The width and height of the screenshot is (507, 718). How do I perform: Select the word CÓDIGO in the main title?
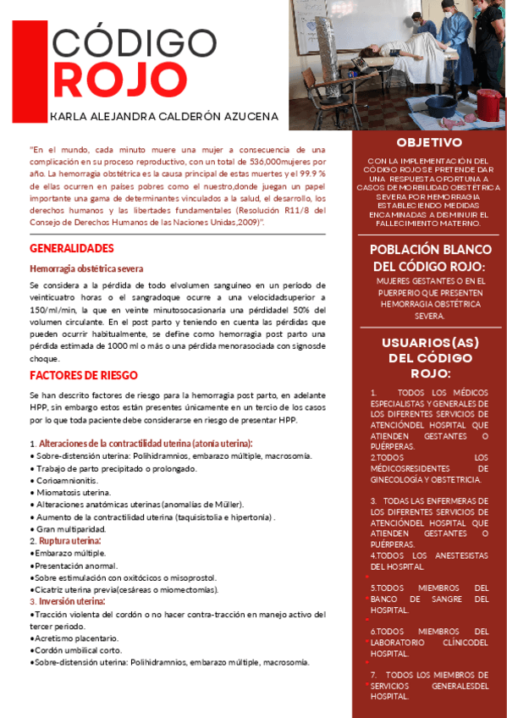tap(134, 42)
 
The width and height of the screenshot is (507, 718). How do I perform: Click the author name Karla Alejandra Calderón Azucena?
tap(163, 116)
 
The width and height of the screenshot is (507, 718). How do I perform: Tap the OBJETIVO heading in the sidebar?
tap(429, 142)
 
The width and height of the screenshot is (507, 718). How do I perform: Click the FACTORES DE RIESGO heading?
tap(83, 375)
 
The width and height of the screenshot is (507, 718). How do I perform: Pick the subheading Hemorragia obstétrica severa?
tap(86, 268)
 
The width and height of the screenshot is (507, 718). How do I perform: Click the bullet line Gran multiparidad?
tap(69, 528)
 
